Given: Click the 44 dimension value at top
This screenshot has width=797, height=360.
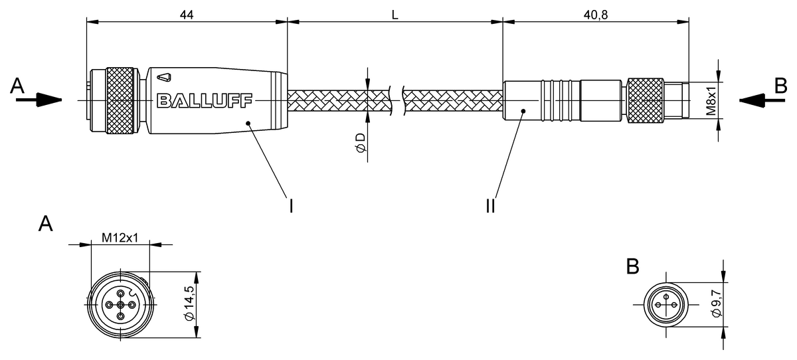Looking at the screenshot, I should [x=186, y=14].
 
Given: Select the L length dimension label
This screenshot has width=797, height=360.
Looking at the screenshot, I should [x=395, y=14].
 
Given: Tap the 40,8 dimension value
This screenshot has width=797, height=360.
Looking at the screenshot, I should [x=594, y=14].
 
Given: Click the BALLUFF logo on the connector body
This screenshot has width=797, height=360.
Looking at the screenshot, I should [x=205, y=101].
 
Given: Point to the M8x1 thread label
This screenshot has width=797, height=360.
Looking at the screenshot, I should [x=711, y=101].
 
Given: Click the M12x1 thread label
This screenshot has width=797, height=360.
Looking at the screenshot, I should [x=120, y=238].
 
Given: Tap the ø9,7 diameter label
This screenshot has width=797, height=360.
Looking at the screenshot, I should [x=716, y=304].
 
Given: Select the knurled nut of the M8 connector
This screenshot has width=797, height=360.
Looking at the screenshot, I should [x=645, y=101].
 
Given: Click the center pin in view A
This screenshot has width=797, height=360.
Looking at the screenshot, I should [x=120, y=305].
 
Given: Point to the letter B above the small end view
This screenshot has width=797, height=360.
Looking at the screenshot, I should [x=633, y=266].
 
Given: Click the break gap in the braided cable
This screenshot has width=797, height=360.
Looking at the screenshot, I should [x=397, y=101].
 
